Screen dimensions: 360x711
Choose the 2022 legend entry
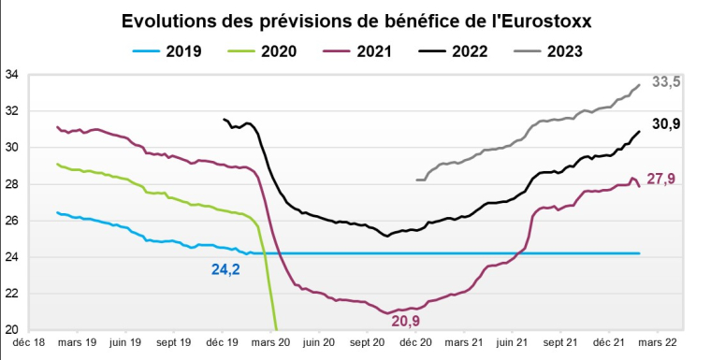[459, 51]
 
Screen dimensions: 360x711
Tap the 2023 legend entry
[556, 51]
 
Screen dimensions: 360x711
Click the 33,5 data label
[665, 82]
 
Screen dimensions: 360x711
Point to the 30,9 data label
[665, 123]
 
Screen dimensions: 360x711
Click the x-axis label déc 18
[29, 344]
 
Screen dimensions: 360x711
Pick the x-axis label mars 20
[271, 344]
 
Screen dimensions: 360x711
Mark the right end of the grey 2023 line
[639, 85]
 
